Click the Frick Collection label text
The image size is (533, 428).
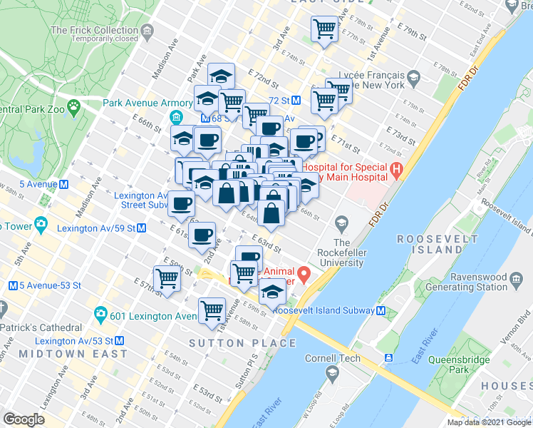[95, 31]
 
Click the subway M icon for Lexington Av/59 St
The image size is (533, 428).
[141, 228]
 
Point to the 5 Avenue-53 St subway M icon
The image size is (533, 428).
[13, 286]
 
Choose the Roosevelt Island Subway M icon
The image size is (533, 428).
[382, 311]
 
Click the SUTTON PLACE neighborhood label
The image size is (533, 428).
[242, 343]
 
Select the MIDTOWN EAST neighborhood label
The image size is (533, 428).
[73, 353]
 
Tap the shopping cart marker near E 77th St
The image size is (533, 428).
[325, 29]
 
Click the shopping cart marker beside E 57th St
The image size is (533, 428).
[167, 278]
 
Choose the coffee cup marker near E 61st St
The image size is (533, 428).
[202, 233]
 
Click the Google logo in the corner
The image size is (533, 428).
[24, 419]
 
